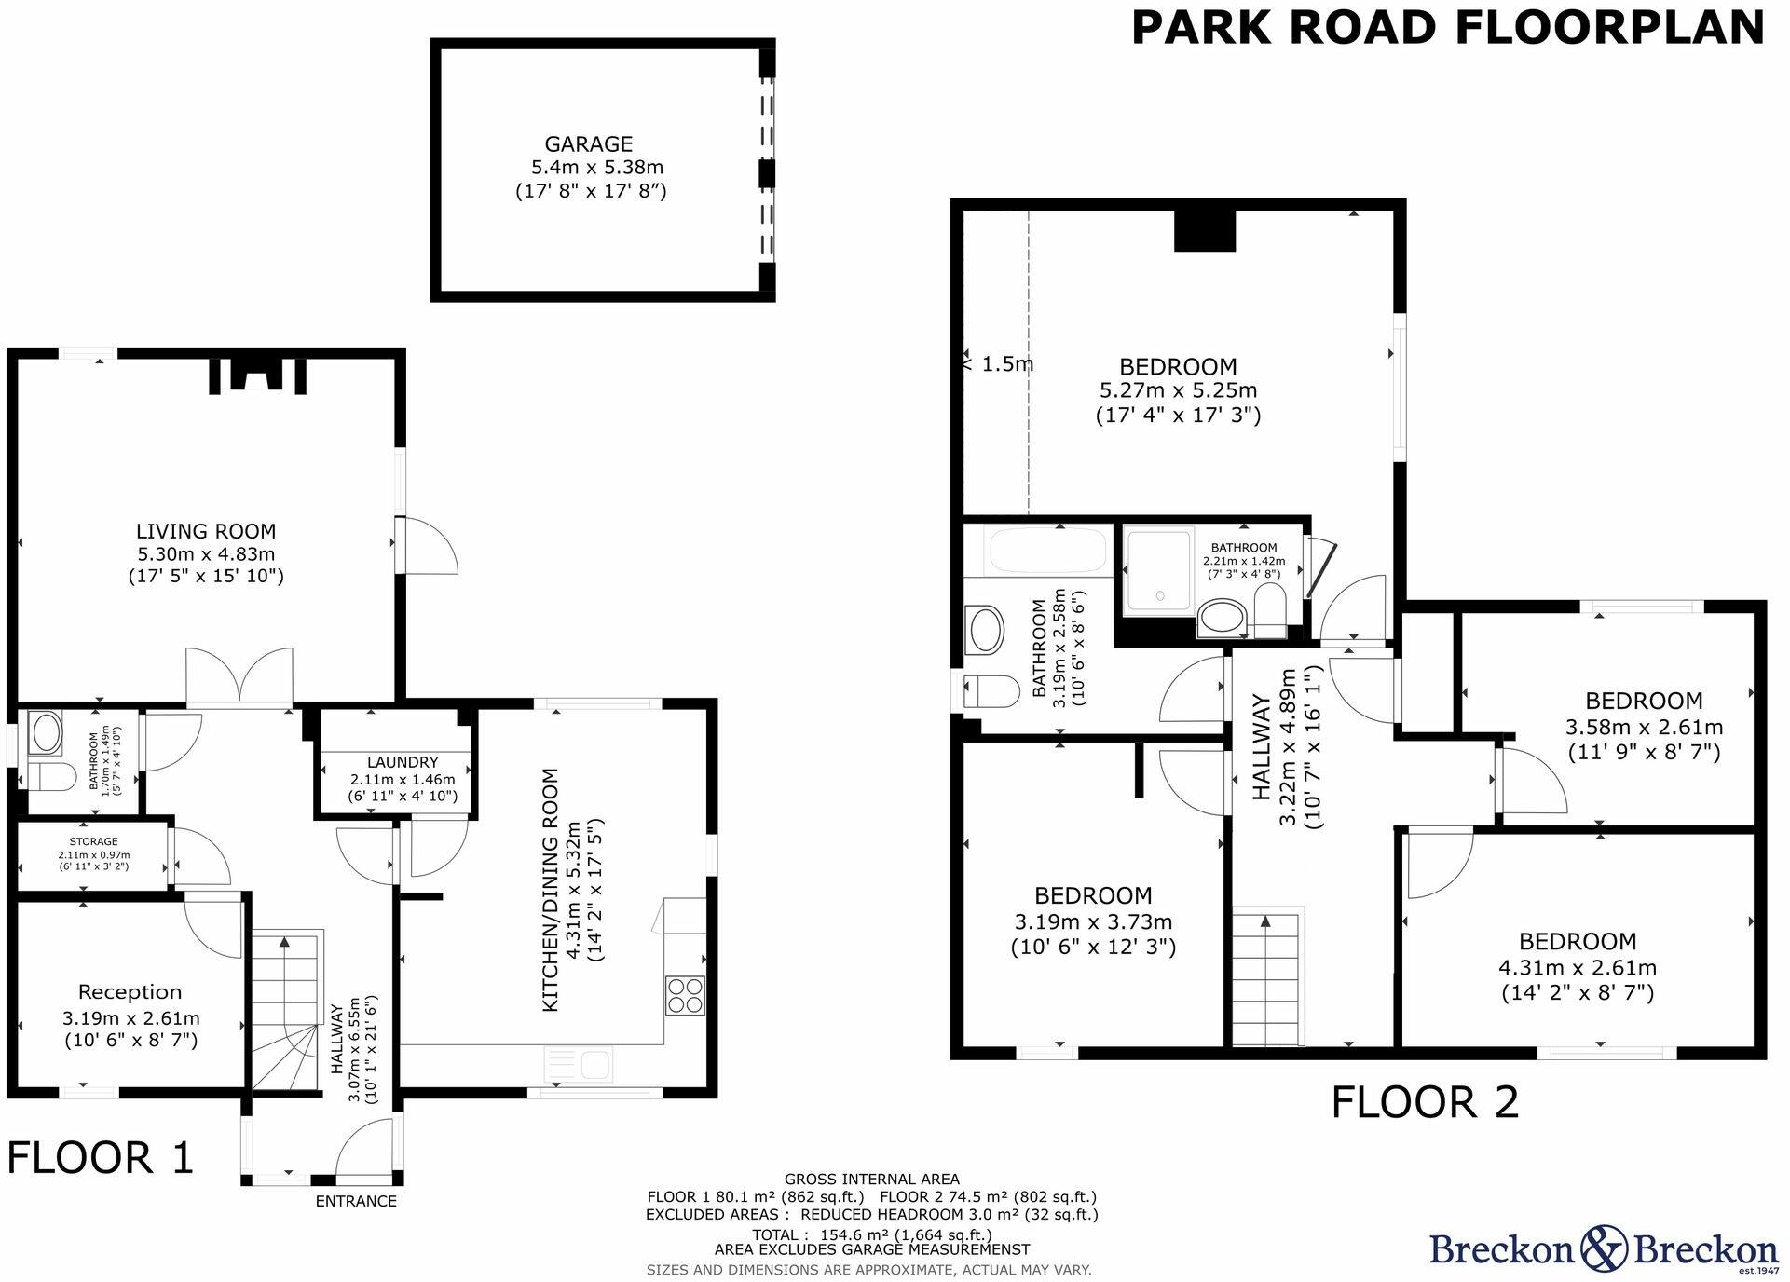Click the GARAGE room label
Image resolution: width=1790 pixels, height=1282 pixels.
point(588,144)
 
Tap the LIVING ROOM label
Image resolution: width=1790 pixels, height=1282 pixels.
point(206,531)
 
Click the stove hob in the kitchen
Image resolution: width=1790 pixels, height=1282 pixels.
point(685,995)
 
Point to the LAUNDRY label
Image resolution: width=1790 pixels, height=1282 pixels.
point(402,762)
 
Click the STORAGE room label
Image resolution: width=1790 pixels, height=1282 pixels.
point(93,841)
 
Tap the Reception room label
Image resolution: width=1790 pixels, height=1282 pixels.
point(130,992)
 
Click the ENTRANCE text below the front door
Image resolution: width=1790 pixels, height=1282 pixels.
point(356,1201)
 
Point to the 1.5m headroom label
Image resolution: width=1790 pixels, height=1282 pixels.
point(1006,364)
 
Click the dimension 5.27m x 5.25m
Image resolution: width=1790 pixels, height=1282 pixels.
point(1178,390)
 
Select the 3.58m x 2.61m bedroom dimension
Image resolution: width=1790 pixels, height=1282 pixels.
point(1644,727)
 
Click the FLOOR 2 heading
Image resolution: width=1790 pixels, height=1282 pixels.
point(1424,1102)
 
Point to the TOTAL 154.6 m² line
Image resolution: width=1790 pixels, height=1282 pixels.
point(871,1234)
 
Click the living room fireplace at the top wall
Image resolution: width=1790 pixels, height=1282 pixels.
point(255,377)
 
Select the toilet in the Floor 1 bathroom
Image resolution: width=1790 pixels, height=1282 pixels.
point(52,775)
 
